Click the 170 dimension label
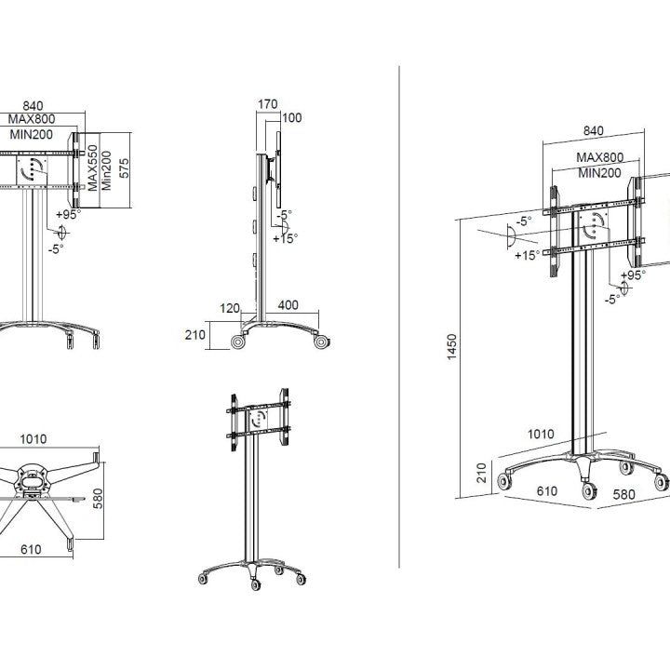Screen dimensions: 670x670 click(267, 104)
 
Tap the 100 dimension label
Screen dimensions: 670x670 click(292, 117)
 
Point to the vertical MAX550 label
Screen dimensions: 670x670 click(94, 165)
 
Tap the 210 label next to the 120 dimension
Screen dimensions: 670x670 click(194, 335)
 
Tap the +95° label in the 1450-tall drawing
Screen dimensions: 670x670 click(635, 275)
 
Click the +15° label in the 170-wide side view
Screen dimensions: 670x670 click(285, 238)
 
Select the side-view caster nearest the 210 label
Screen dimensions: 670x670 click(238, 342)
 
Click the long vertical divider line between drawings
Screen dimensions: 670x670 click(399, 316)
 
